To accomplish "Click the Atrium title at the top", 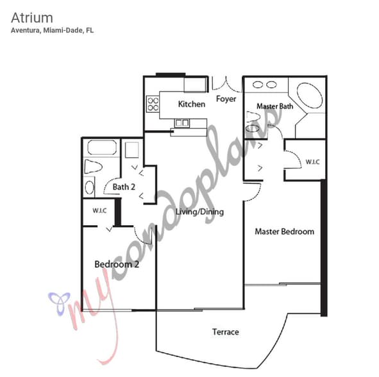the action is coord(32,18).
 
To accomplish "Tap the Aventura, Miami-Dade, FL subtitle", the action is coord(52,31).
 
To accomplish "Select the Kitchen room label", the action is coord(192,104).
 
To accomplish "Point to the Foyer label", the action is coord(226,99).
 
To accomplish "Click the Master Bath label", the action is coord(275,106).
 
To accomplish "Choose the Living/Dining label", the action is coord(199,212).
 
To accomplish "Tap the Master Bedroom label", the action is coord(285,231).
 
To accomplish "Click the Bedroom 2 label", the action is coord(117,264).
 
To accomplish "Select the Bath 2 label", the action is coord(124,187).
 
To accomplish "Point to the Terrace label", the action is coord(226,332).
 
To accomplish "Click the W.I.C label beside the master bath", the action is coord(312,162).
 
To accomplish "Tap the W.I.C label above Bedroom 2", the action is coord(99,210).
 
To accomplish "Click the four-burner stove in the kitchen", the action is coord(153,104).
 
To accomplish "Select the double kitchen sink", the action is coord(182,123).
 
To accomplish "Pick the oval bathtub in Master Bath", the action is coord(310,96).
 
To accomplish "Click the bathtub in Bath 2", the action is coord(102,147).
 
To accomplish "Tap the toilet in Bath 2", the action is coord(93,167).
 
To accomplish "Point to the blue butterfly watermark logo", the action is coord(60,303).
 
